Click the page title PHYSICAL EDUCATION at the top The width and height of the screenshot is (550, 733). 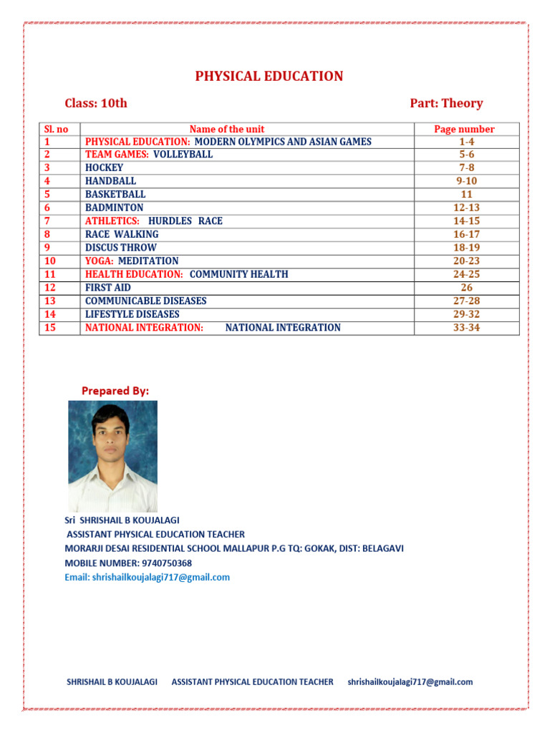coord(269,77)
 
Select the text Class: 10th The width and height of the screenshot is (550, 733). coord(96,103)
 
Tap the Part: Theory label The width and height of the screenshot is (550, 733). coord(446,103)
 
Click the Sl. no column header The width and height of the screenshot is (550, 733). coord(56,129)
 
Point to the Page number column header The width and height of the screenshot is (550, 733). coord(464,129)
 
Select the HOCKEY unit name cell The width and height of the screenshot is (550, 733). coord(104,168)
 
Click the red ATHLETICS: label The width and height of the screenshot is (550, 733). coord(112,221)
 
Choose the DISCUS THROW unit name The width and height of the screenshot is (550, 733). coord(120,248)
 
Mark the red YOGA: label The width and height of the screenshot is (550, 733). coord(100,261)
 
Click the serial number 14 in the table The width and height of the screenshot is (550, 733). coord(49,314)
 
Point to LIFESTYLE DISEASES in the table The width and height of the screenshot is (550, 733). coord(132,314)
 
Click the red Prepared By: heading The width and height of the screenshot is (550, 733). coord(115,391)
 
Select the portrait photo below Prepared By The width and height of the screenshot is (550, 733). coord(112,455)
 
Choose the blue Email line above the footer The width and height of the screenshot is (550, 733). coord(148,577)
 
